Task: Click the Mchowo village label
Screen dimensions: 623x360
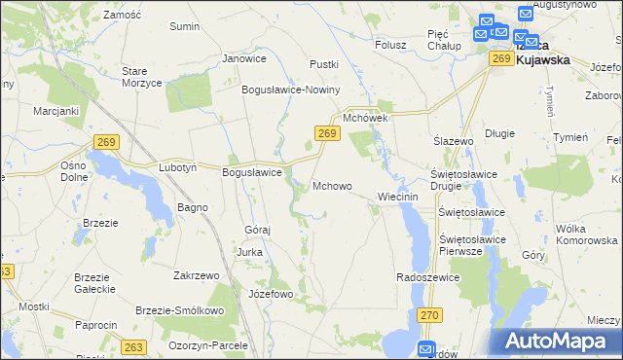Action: coord(332,185)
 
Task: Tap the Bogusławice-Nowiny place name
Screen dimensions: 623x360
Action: coord(291,90)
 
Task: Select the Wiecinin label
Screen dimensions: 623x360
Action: coord(396,197)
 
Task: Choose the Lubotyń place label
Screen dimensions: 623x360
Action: coord(178,167)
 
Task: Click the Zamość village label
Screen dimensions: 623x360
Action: coord(123,16)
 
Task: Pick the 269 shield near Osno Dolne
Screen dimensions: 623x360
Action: coord(107,143)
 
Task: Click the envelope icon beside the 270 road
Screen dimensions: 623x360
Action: coord(425,349)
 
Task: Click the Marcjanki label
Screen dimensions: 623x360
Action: coord(55,111)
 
